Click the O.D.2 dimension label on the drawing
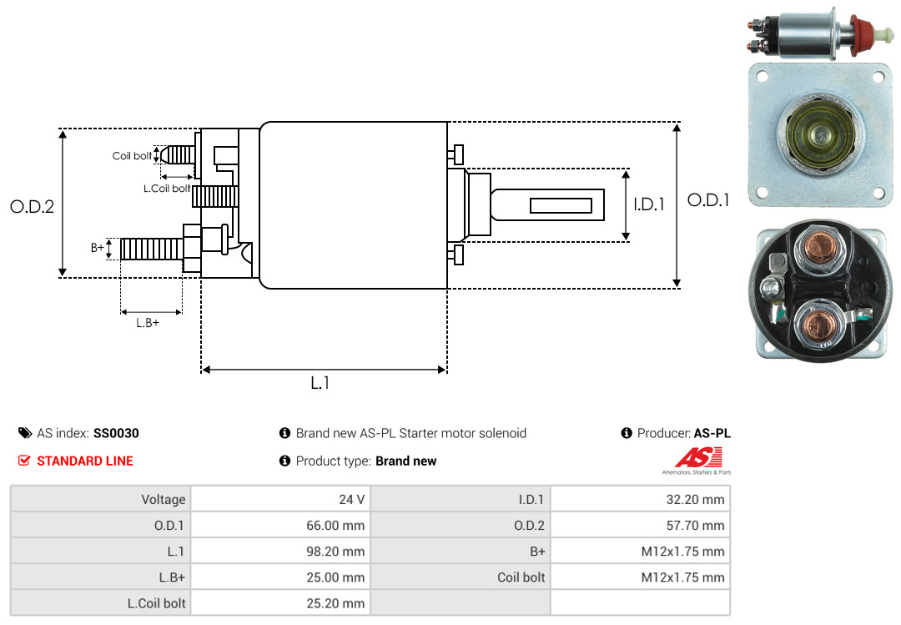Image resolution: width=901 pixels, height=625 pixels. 32,207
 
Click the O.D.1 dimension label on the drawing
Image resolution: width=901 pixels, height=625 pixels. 708,200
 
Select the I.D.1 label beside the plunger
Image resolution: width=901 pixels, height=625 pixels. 649,204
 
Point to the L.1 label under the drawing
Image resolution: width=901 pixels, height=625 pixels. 320,383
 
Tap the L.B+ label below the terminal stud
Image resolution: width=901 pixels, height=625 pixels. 148,323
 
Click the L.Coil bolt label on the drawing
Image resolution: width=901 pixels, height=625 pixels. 167,189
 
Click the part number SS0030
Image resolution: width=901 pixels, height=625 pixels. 116,433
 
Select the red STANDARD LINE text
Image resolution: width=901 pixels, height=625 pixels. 84,461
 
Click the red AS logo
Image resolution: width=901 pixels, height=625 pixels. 699,458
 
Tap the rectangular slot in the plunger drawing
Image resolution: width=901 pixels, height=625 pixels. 561,205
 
